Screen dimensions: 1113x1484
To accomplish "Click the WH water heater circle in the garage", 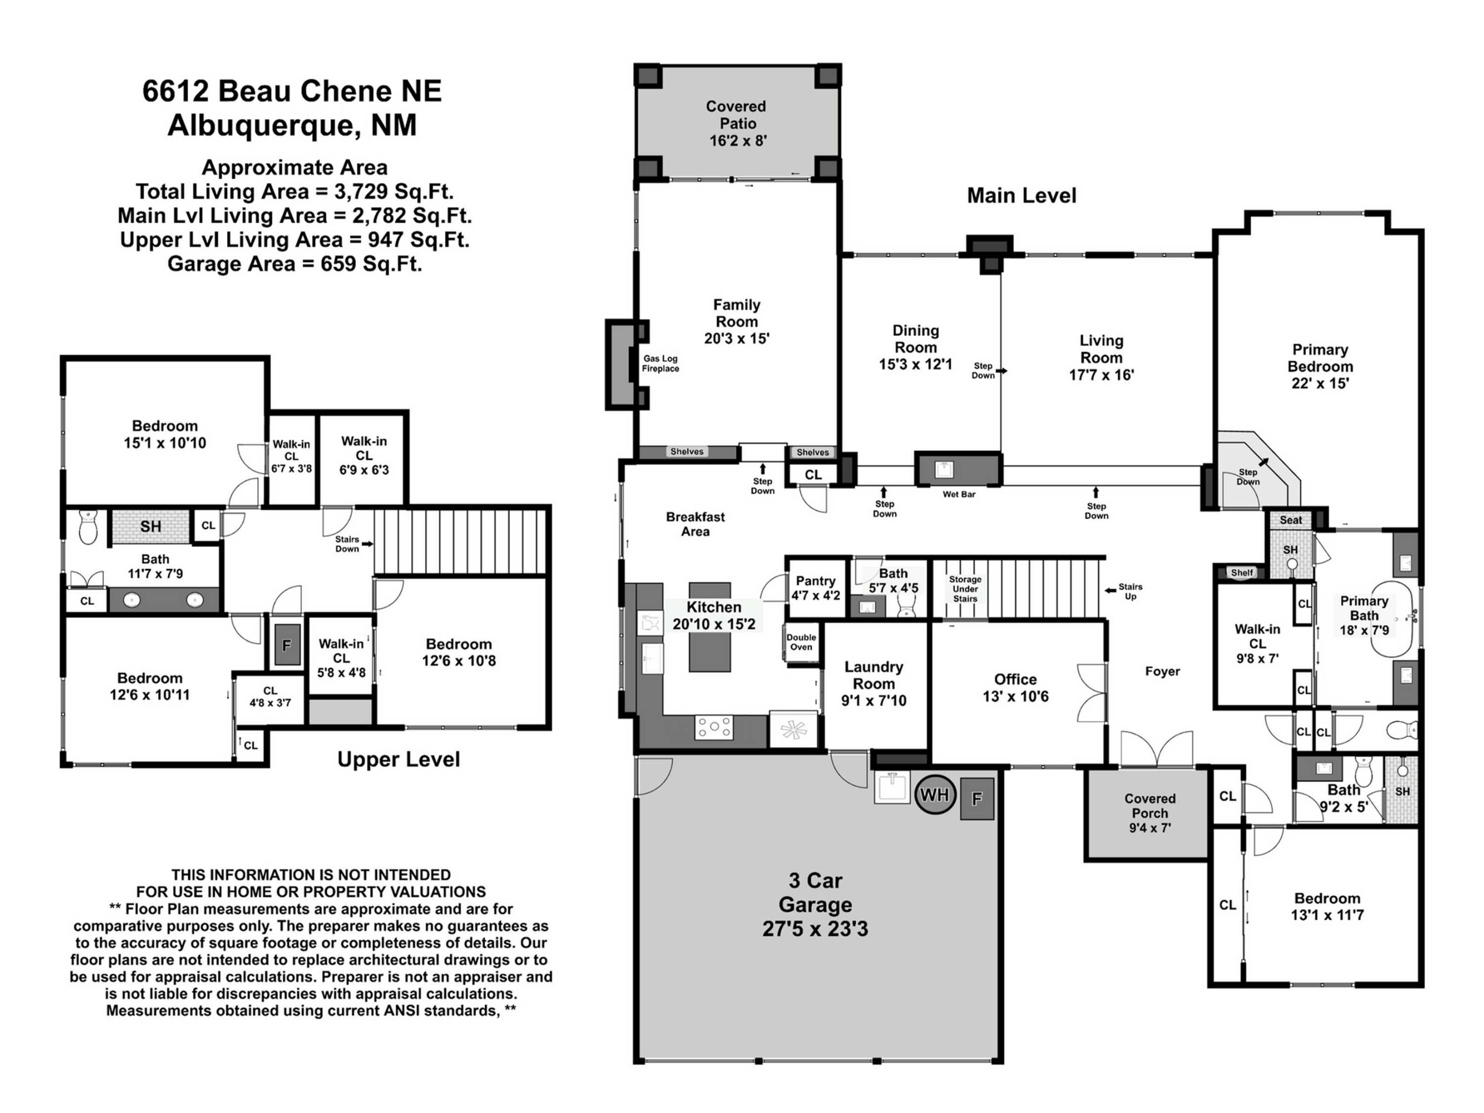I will coord(934,795).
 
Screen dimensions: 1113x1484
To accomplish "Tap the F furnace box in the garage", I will coord(977,798).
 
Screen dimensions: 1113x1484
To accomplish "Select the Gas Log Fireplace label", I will coord(660,364).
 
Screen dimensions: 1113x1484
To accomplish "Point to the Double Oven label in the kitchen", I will coord(801,642).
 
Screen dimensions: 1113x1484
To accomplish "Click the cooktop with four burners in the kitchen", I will coord(714,727).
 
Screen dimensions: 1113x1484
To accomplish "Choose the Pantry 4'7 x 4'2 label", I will coord(815,588).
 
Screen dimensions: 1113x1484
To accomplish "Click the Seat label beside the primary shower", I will coord(1290,520).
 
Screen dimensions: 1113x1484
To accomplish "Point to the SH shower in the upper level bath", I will coord(150,527).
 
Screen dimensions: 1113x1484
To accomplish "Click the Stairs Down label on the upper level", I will coord(348,544).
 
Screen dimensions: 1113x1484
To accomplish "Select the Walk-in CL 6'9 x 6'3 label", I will coord(364,456).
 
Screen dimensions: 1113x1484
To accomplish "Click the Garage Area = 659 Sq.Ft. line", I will coord(294,264).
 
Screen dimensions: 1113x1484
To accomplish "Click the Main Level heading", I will coord(1021,196).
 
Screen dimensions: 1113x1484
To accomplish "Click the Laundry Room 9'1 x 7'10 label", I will coord(874,684).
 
